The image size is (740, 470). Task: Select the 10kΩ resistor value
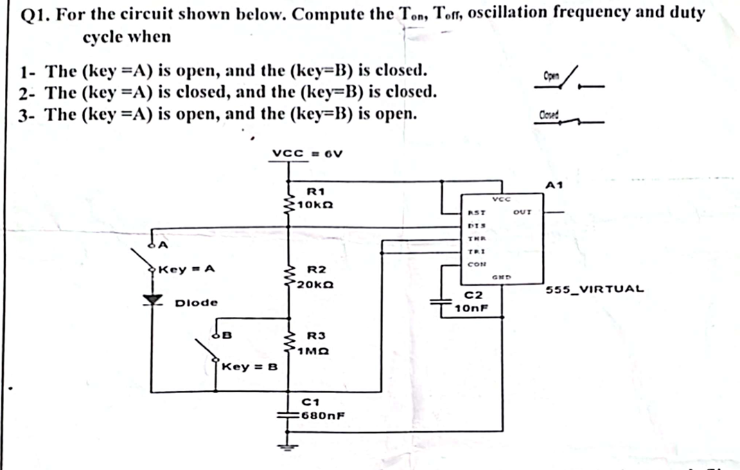tap(317, 205)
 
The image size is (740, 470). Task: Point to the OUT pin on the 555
tap(522, 213)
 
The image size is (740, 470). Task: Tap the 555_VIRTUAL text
tap(594, 289)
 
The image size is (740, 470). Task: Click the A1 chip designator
tap(554, 185)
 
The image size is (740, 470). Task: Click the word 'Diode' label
tap(196, 302)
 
